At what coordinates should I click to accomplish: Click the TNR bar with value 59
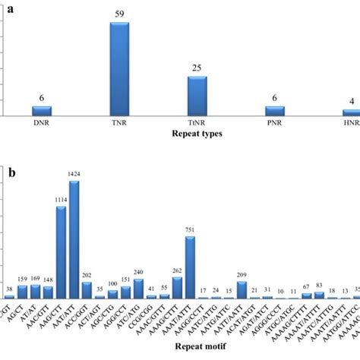(120, 69)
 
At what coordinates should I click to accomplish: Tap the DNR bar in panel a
(42, 111)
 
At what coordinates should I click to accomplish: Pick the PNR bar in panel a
(275, 111)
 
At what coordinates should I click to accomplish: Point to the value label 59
(120, 14)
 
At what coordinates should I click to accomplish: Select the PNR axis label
(275, 123)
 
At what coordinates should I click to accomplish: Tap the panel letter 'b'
(11, 173)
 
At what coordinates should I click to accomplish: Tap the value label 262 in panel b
(177, 270)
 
